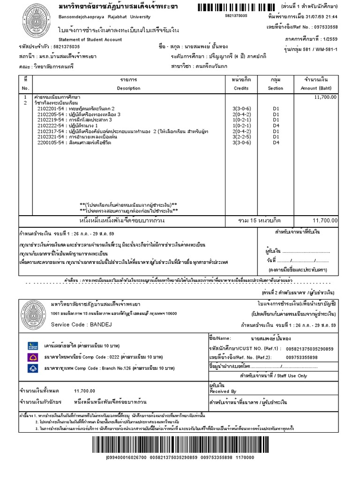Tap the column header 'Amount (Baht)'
pyautogui.click(x=318, y=88)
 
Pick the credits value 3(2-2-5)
pyautogui.click(x=241, y=137)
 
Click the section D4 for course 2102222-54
pyautogui.click(x=276, y=126)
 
